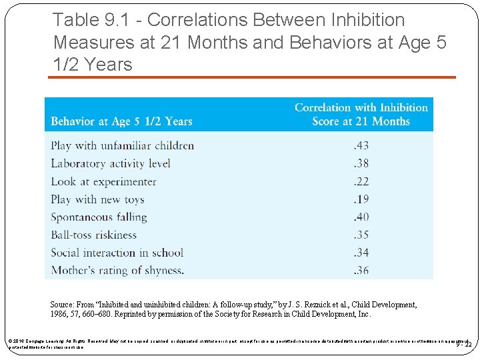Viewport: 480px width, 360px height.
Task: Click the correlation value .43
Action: (x=361, y=145)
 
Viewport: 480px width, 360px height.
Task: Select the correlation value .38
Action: (x=361, y=163)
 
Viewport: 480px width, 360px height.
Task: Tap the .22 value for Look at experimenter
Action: (x=361, y=181)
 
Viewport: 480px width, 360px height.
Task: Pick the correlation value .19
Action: (x=361, y=199)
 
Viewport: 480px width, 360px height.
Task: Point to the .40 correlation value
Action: (x=361, y=217)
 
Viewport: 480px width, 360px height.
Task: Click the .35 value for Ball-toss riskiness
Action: (x=361, y=235)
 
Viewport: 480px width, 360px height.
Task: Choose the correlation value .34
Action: (x=361, y=253)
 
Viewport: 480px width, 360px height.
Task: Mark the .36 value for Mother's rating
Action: (x=361, y=270)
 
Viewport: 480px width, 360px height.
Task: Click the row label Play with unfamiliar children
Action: (x=123, y=145)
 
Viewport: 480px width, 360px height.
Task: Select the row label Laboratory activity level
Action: (x=111, y=163)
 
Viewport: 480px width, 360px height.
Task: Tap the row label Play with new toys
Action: (x=97, y=199)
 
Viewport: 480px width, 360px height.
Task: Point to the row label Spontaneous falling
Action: (x=99, y=217)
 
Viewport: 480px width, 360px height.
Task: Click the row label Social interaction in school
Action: (x=117, y=253)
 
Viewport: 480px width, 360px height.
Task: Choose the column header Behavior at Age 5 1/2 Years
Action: (x=121, y=121)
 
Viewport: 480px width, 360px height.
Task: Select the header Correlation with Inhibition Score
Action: (x=361, y=114)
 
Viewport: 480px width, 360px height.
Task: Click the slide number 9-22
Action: (x=464, y=344)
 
